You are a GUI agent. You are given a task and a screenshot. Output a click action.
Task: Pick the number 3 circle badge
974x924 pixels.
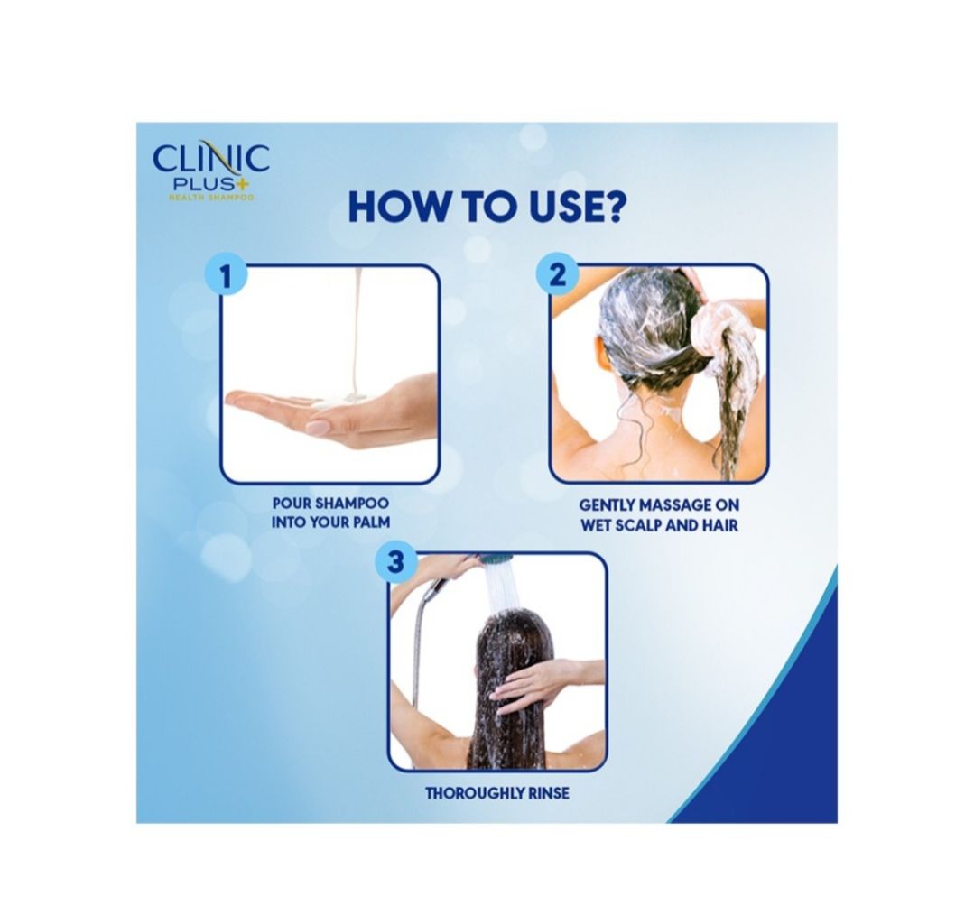[x=395, y=562]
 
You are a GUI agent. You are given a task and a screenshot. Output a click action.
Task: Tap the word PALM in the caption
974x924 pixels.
[x=372, y=522]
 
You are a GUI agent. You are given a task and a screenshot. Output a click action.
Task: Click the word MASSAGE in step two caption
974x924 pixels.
[x=673, y=504]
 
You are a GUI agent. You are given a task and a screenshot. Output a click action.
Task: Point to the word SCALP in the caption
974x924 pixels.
[x=639, y=525]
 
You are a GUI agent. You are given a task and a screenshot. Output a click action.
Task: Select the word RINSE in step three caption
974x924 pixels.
[x=551, y=793]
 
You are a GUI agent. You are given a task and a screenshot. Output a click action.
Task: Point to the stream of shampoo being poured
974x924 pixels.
[x=355, y=336]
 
